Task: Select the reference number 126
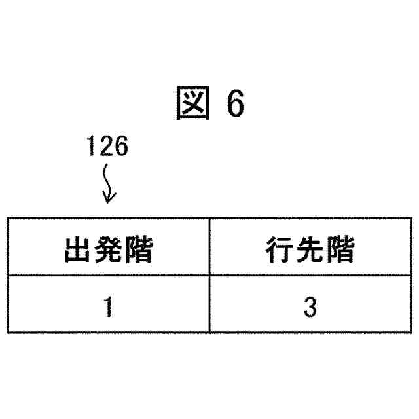pos(107,147)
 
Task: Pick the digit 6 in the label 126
pos(121,147)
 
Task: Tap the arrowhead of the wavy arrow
pos(109,198)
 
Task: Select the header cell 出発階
pos(108,249)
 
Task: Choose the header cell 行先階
pos(310,249)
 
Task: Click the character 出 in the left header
pos(77,249)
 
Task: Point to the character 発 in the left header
pos(108,249)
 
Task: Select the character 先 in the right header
pos(310,249)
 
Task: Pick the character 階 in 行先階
pos(341,249)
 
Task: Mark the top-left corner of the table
pos(8,219)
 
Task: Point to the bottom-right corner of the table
pos(411,332)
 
